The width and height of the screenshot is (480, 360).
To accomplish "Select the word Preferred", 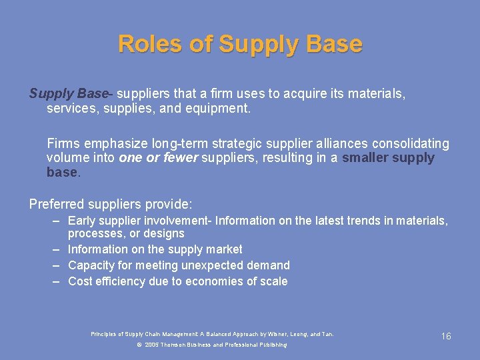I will [56, 204].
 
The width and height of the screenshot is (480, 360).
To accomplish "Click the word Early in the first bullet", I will [82, 221].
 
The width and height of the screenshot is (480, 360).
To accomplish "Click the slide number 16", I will [446, 336].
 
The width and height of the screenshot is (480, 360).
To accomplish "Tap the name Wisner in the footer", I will [279, 334].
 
